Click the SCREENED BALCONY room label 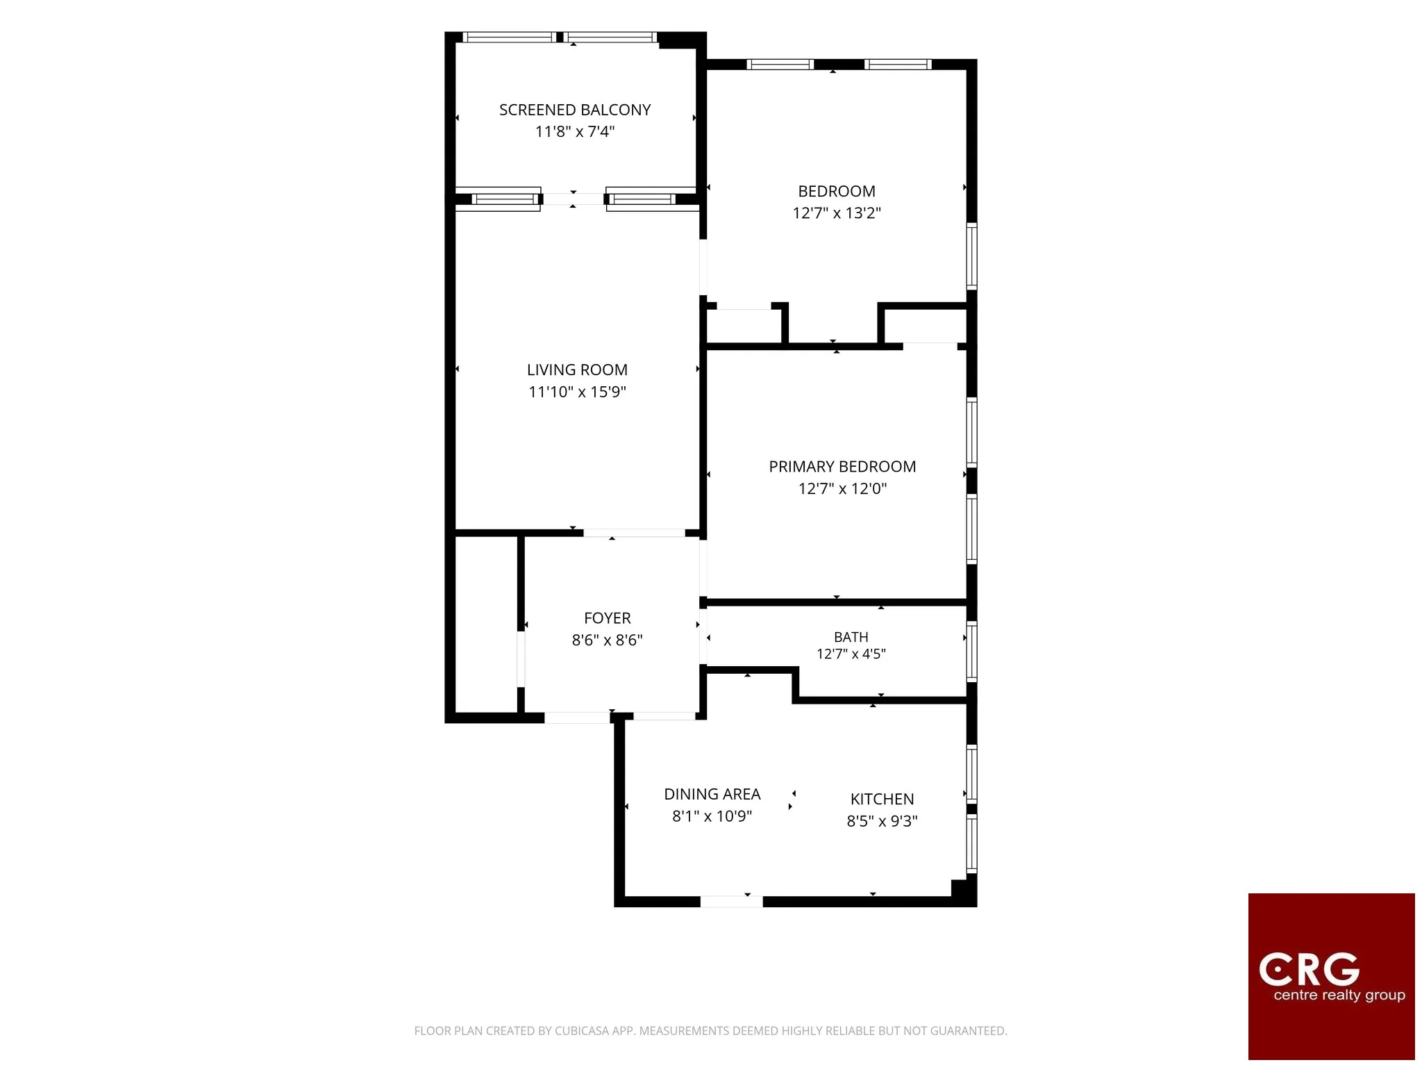575,110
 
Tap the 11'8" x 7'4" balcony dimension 575,131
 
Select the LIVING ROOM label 577,370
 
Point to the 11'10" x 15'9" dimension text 577,392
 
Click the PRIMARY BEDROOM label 842,467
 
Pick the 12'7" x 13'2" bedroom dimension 837,213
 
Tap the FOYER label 608,618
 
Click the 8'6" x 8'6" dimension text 608,640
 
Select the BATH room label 851,637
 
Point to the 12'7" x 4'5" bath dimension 851,654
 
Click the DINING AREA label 712,794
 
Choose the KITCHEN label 883,799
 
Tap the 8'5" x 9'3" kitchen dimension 883,821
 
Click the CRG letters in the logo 1310,969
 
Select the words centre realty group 1339,995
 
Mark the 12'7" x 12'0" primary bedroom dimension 842,488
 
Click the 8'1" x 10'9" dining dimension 712,816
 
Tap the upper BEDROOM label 837,191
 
